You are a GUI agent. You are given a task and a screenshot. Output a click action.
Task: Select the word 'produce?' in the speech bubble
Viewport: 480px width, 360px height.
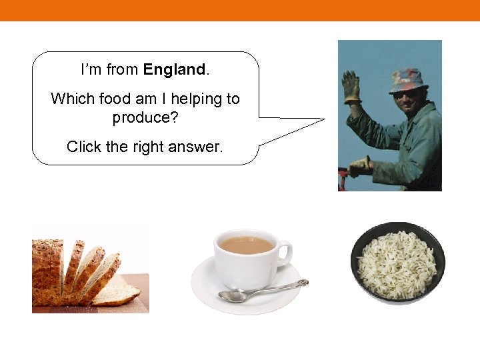[145, 118]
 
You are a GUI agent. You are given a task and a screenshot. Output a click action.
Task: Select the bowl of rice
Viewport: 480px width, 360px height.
[397, 262]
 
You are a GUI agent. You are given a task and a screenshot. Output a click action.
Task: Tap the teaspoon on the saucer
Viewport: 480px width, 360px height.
[263, 291]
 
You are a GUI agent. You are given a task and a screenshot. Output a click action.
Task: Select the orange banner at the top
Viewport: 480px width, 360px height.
[240, 10]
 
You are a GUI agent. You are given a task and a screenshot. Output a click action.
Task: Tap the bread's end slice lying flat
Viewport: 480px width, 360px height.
[117, 294]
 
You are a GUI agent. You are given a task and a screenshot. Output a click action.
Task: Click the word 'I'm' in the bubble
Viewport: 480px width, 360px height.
[91, 69]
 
